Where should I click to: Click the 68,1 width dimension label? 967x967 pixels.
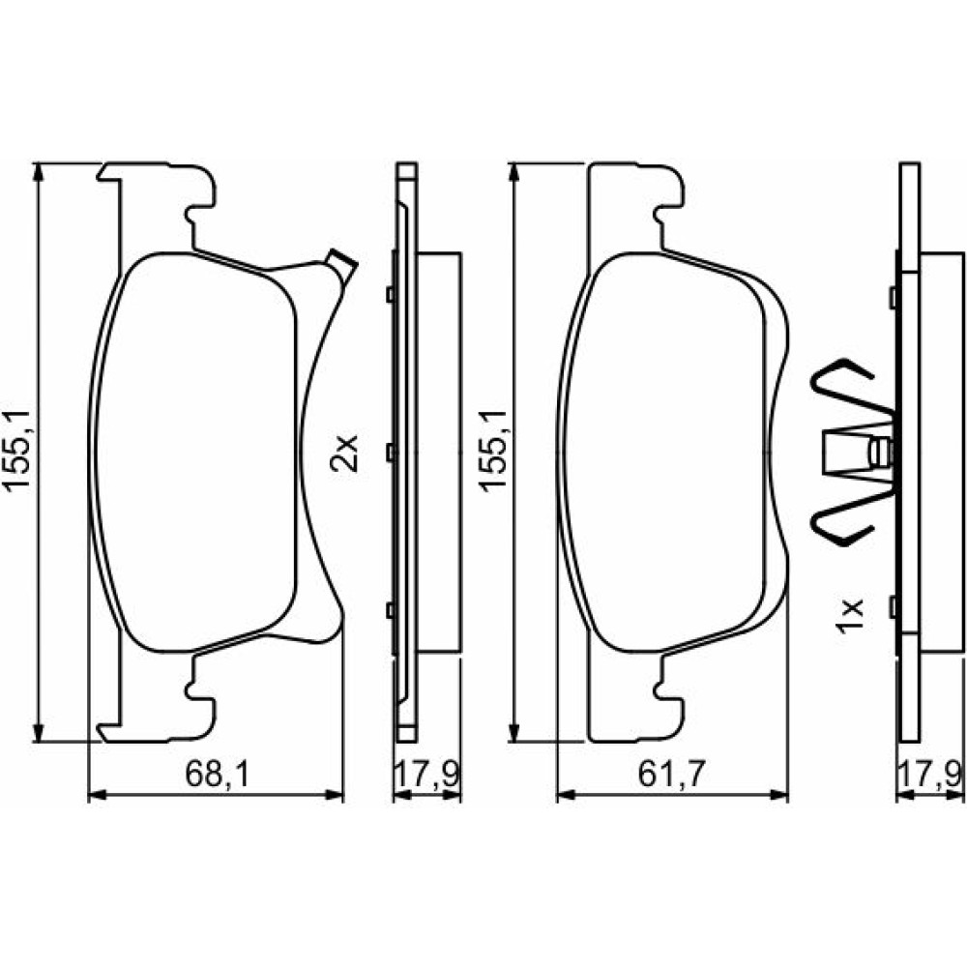point(217,774)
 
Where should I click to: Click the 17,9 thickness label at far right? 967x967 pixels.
point(929,774)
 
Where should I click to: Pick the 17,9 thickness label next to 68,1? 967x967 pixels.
point(426,774)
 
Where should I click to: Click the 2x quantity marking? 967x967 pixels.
point(343,454)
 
